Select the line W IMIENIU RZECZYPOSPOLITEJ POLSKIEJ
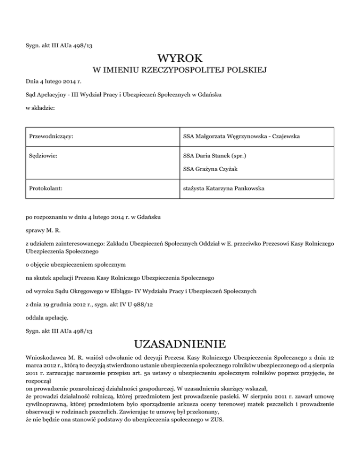pyautogui.click(x=180, y=71)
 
